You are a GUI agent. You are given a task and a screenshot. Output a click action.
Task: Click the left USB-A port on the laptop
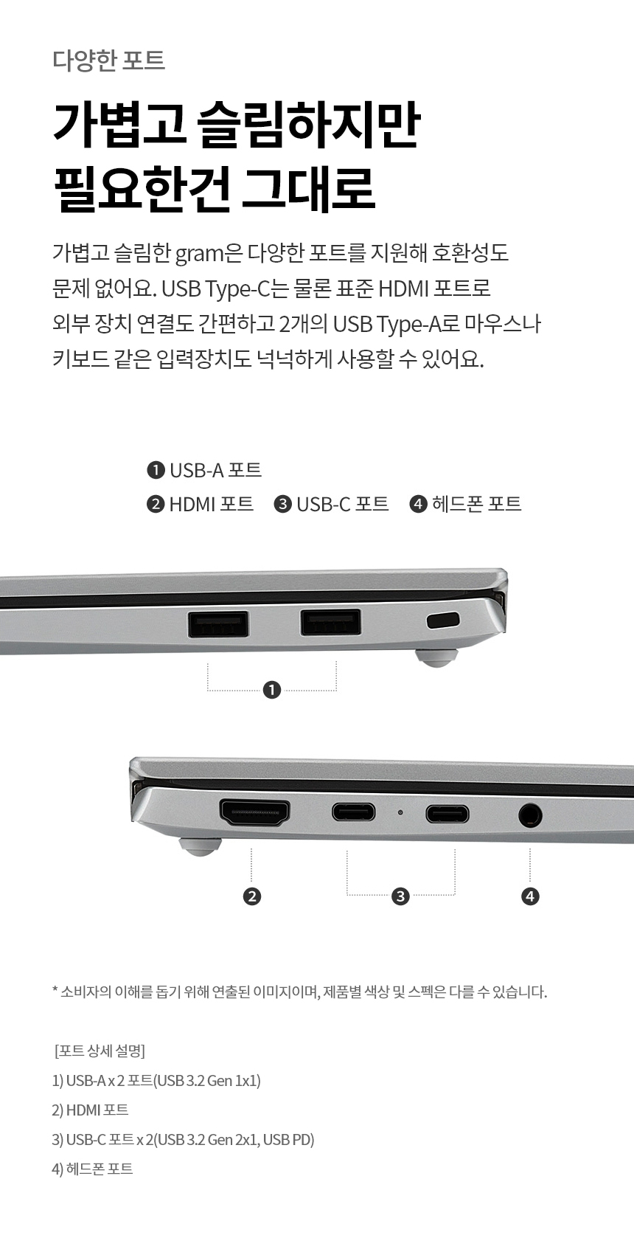(x=217, y=624)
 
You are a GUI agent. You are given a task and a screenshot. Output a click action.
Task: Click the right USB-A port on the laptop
(x=331, y=622)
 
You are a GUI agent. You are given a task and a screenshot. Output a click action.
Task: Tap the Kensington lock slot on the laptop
(x=443, y=620)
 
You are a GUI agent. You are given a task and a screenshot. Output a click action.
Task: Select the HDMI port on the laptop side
(x=254, y=812)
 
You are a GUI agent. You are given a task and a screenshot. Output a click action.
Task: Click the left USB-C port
(x=353, y=812)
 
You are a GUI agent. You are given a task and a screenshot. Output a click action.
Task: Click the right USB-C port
(x=447, y=814)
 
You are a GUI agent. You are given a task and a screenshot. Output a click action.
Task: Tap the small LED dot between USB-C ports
(x=400, y=812)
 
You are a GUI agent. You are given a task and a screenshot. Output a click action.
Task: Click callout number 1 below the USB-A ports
(x=272, y=690)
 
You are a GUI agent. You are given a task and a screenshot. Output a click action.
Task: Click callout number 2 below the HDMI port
(x=252, y=896)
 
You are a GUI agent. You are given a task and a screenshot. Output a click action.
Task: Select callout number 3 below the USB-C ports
(x=400, y=896)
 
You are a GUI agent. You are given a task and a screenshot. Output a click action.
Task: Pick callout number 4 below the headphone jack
(x=530, y=896)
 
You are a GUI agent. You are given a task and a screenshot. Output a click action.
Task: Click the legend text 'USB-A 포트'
(x=215, y=470)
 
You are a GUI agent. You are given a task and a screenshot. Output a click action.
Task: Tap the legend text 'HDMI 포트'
(x=211, y=504)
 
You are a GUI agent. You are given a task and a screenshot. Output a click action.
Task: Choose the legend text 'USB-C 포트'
(x=342, y=504)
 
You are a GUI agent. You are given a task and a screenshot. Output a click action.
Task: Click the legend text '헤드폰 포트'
(x=476, y=504)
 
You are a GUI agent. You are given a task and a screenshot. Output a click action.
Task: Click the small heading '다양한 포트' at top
(x=109, y=60)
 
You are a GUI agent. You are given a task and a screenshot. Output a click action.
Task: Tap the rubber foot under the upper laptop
(x=436, y=657)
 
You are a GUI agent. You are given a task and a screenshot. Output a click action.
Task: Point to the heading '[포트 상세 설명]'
(x=100, y=1051)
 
